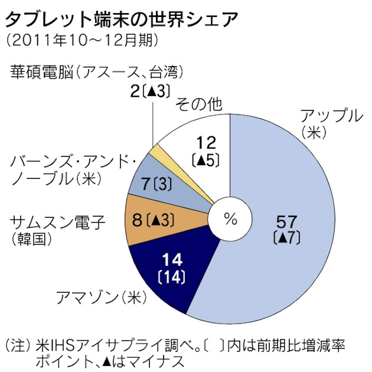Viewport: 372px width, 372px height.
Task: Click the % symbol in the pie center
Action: (x=230, y=220)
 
